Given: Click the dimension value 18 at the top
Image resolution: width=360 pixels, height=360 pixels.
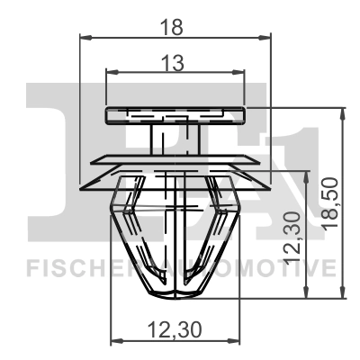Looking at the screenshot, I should [x=175, y=26].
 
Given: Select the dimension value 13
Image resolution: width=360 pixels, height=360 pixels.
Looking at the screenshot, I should [x=175, y=63].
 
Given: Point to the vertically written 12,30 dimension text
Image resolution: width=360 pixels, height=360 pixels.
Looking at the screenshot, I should [x=292, y=236].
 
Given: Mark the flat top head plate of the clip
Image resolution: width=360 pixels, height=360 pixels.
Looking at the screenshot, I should [x=175, y=114].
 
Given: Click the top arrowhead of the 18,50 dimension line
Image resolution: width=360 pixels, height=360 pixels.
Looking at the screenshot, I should [x=342, y=111].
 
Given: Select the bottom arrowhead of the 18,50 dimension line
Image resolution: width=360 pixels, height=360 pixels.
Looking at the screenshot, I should [x=342, y=294].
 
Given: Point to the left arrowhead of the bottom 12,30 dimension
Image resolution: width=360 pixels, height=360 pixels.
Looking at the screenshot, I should [x=113, y=340].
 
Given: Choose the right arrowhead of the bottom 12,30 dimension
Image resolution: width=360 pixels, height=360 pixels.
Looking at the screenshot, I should [x=237, y=340].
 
